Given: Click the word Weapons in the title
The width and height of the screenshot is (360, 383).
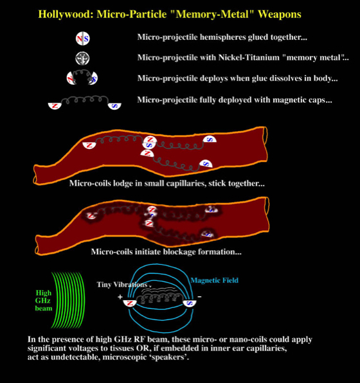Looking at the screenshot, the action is pyautogui.click(x=280, y=14).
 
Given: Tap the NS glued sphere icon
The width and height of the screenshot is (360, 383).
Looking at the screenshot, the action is pyautogui.click(x=82, y=39).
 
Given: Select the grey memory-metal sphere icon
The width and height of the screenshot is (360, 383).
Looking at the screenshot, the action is pyautogui.click(x=82, y=58).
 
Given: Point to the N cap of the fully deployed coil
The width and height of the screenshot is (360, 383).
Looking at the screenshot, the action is pyautogui.click(x=55, y=106).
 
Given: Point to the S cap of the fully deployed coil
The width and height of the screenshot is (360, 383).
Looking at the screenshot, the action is pyautogui.click(x=114, y=106).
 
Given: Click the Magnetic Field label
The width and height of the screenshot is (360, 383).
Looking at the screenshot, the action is pyautogui.click(x=214, y=280).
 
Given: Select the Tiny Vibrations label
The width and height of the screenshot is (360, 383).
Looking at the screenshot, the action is pyautogui.click(x=122, y=285).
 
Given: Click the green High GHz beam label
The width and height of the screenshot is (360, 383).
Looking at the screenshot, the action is pyautogui.click(x=44, y=301).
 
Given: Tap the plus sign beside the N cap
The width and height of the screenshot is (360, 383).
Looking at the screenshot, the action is pyautogui.click(x=120, y=297).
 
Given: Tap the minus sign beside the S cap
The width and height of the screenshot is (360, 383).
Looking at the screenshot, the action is pyautogui.click(x=200, y=297).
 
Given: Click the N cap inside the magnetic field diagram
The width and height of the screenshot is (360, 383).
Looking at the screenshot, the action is pyautogui.click(x=130, y=303).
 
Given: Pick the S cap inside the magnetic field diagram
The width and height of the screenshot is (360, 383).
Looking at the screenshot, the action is pyautogui.click(x=190, y=303).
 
